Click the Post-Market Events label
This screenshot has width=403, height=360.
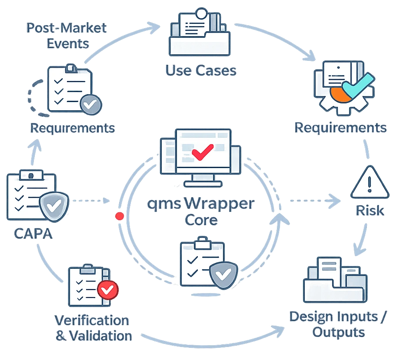(67, 36)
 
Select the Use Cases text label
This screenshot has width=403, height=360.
(200, 70)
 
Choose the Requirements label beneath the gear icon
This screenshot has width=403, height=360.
(340, 128)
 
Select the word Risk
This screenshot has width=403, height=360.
(370, 211)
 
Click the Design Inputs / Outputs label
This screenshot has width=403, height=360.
(338, 324)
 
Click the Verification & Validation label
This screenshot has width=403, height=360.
(92, 328)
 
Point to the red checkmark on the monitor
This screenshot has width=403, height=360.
(202, 151)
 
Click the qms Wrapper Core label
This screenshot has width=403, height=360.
(201, 211)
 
